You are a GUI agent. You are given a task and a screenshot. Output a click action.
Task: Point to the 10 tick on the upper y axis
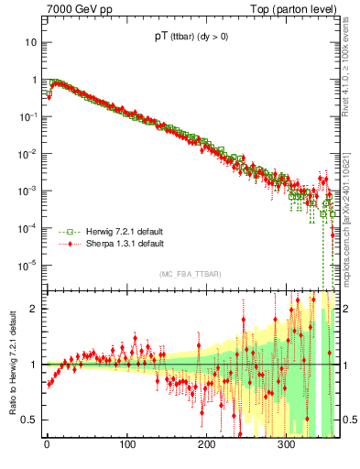point(30,42)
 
